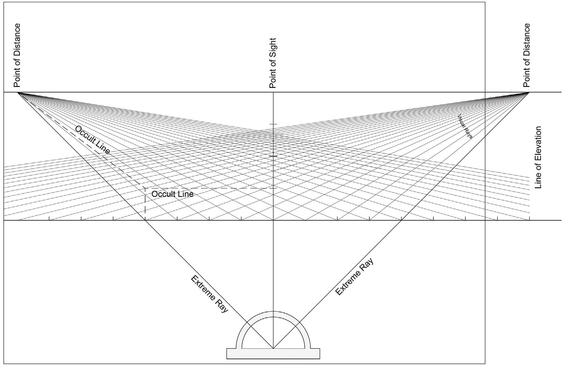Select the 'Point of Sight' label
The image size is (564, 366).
(x=272, y=63)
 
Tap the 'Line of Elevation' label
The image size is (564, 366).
(x=538, y=157)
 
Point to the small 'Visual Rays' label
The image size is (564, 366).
(x=465, y=126)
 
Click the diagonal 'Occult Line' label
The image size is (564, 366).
(x=93, y=140)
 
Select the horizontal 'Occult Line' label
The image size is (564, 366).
(x=172, y=194)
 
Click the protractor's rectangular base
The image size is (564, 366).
(x=273, y=354)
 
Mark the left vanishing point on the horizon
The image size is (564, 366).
(x=18, y=92)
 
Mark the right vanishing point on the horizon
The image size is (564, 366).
(x=529, y=92)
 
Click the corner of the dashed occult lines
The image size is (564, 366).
(x=145, y=188)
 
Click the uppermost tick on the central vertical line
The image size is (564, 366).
(x=273, y=124)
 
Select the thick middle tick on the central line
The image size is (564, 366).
(x=273, y=156)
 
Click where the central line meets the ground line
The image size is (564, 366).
(x=273, y=220)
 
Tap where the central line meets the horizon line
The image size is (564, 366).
(x=273, y=92)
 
